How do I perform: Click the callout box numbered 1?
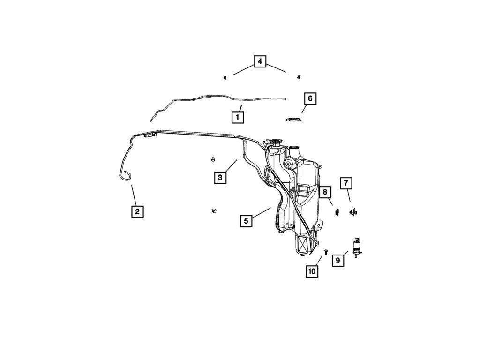(238, 116)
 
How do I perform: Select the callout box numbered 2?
(137, 211)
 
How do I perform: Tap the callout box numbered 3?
(220, 177)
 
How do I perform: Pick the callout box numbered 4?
(260, 61)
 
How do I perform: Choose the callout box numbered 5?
(247, 220)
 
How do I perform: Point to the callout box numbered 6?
(309, 98)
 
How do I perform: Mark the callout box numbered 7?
(346, 183)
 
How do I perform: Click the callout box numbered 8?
(325, 192)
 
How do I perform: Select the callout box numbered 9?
(337, 260)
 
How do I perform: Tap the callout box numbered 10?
(312, 271)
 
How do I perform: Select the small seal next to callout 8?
(336, 212)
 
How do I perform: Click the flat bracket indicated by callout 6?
(294, 119)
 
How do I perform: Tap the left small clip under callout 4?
(225, 78)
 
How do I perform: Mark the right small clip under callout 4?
(298, 77)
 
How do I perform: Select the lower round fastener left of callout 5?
(213, 210)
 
